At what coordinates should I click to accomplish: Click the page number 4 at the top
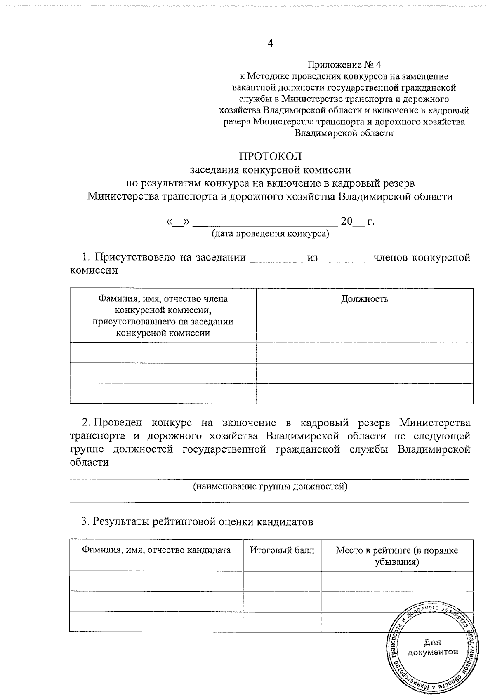pos(271,43)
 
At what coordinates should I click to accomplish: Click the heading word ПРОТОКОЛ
pos(271,156)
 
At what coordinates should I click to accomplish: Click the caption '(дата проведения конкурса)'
pos(271,234)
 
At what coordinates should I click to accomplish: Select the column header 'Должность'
pos(364,299)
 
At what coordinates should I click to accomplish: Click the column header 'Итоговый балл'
pos(282,550)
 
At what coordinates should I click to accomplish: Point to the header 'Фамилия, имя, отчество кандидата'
pos(156,550)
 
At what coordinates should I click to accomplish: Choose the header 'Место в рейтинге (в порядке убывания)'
pos(397,556)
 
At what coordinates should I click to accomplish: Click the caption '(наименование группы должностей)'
pos(271,487)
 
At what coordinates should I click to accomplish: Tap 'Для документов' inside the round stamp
pos(432,647)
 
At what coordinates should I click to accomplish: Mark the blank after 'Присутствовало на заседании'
pos(276,261)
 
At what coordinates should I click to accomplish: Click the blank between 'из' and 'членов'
pos(346,261)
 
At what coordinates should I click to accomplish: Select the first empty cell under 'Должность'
pos(364,353)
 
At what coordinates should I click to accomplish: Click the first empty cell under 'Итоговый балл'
pos(282,581)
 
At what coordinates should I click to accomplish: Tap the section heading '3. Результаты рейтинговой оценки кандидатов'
pos(197,522)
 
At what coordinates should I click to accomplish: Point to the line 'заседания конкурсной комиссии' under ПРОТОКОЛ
pos(271,170)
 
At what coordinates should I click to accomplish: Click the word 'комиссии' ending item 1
pos(94,271)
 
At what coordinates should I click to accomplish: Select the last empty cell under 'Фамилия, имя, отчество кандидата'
pos(156,622)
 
